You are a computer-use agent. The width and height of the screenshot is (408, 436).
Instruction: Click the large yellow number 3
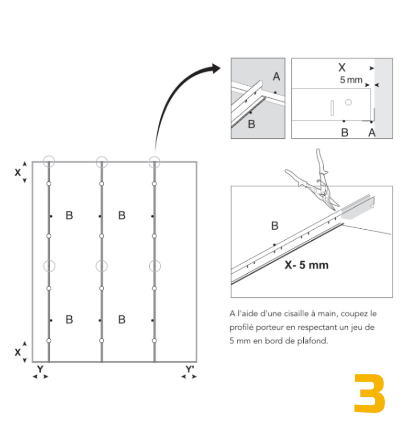pyautogui.click(x=369, y=393)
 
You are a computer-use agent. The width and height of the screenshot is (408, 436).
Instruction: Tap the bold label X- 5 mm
pyautogui.click(x=306, y=265)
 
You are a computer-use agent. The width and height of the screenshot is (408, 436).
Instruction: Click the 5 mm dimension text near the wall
pyautogui.click(x=351, y=80)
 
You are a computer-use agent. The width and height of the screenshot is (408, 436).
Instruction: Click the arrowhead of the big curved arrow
pyautogui.click(x=215, y=69)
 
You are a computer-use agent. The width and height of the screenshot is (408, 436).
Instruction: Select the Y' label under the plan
pyautogui.click(x=189, y=369)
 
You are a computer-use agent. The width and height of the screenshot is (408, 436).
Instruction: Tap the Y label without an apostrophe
pyautogui.click(x=40, y=369)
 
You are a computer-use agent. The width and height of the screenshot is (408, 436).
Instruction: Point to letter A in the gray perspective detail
pyautogui.click(x=276, y=77)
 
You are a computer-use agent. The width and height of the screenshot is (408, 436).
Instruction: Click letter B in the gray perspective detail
pyautogui.click(x=251, y=124)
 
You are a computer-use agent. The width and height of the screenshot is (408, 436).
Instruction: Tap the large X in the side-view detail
pyautogui.click(x=342, y=68)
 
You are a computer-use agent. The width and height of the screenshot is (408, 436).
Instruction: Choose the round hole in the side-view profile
pyautogui.click(x=348, y=102)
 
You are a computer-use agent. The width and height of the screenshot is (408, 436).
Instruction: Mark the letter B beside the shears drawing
pyautogui.click(x=274, y=226)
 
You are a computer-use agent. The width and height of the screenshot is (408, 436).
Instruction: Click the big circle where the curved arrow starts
pyautogui.click(x=155, y=161)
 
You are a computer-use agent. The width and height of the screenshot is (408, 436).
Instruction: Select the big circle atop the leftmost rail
pyautogui.click(x=49, y=161)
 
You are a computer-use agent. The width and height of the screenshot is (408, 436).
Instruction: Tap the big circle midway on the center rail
pyautogui.click(x=102, y=266)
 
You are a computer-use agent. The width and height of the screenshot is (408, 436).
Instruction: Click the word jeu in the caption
pyautogui.click(x=358, y=327)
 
